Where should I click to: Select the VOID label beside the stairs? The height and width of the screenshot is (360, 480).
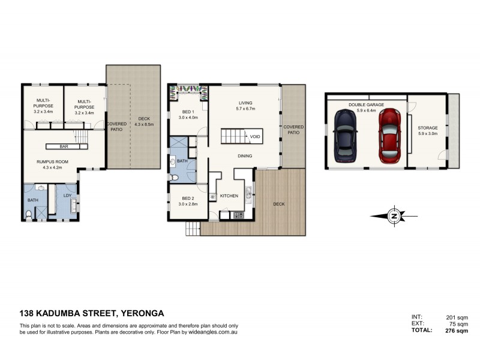click(x=255, y=137)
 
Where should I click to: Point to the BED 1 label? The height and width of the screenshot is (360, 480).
click(x=187, y=112)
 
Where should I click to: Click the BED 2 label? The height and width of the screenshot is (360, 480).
click(x=187, y=199)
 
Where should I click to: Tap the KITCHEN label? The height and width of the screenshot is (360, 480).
click(x=230, y=196)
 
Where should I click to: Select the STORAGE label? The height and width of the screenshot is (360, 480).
click(x=428, y=128)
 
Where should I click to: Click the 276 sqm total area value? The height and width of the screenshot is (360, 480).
click(x=457, y=331)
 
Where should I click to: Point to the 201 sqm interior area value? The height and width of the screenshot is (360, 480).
click(x=458, y=317)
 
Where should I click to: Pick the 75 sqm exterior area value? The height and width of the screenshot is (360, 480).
click(x=459, y=323)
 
